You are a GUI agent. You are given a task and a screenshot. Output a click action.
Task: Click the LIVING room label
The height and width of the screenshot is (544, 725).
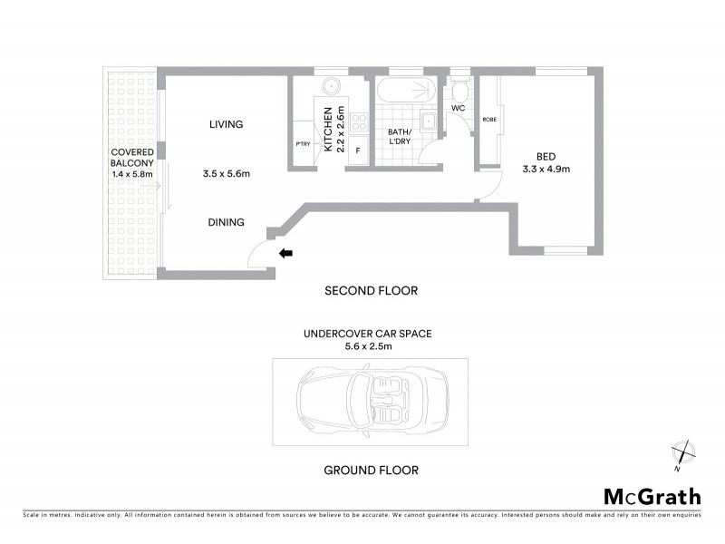(226, 124)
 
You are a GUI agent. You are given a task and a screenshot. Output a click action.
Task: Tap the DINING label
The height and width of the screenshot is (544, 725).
(226, 222)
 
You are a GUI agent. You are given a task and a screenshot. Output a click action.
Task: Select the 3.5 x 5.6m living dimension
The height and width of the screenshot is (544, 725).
(226, 173)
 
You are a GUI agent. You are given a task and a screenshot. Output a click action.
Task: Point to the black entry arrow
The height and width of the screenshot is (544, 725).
(285, 254)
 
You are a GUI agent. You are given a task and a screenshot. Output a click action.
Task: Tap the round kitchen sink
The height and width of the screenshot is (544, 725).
(332, 87)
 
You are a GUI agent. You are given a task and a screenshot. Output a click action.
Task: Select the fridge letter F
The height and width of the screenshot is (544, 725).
(358, 151)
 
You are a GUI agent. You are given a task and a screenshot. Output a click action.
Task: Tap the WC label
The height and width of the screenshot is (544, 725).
(458, 108)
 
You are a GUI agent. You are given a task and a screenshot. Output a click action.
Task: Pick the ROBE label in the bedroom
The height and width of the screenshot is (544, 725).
(488, 119)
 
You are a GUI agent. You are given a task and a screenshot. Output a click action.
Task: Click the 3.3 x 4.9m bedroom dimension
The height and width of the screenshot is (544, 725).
(546, 169)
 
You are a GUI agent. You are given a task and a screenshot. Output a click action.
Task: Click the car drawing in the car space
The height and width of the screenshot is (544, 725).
(371, 401)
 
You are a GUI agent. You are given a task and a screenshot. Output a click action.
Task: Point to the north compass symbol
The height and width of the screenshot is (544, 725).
(681, 453)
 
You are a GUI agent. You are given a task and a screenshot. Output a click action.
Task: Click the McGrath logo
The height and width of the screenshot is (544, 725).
(652, 496)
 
